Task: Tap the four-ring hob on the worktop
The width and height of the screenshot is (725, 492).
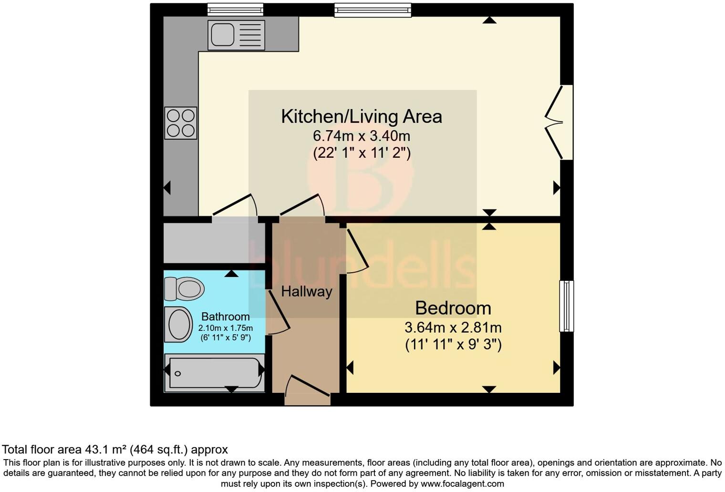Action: click(x=181, y=123)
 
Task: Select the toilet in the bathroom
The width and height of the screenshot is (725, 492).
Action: click(x=184, y=288)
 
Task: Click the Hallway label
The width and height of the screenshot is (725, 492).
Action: click(x=306, y=291)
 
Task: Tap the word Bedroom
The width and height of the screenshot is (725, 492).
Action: click(x=453, y=308)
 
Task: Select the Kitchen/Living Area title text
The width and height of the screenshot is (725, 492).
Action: click(x=361, y=116)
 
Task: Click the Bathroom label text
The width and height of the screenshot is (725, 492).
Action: click(x=225, y=317)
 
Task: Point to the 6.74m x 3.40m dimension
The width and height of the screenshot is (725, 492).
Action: click(x=361, y=136)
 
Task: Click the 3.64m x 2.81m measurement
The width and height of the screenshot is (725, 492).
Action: click(x=453, y=328)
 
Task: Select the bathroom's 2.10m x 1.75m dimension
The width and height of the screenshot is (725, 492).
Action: click(x=225, y=328)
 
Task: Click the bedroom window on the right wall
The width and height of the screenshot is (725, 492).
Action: click(x=566, y=306)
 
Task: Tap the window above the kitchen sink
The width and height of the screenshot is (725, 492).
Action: click(x=236, y=9)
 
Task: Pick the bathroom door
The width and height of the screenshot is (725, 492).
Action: click(x=278, y=312)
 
